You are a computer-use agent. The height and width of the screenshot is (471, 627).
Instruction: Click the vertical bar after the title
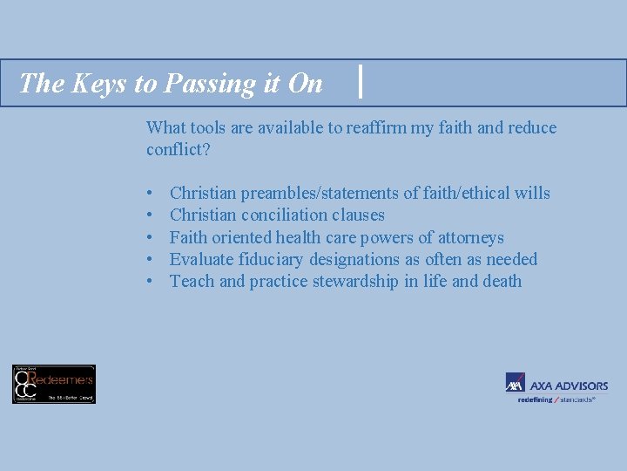coord(361,82)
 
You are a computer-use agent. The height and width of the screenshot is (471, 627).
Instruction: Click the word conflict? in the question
coord(179,149)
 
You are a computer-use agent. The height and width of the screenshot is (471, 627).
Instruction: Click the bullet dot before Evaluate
coord(152,260)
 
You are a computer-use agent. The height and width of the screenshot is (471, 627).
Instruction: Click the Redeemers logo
coord(54,384)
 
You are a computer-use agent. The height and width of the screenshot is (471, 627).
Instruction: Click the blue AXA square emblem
coord(516,383)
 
